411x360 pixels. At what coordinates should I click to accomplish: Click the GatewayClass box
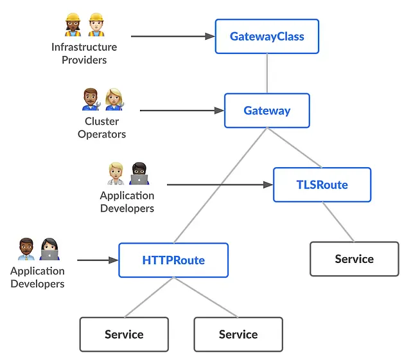pyautogui.click(x=267, y=36)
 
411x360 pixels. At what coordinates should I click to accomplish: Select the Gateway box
pyautogui.click(x=267, y=111)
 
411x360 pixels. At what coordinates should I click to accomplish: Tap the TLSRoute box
pyautogui.click(x=322, y=184)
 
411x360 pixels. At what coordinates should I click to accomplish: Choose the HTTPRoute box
pyautogui.click(x=173, y=260)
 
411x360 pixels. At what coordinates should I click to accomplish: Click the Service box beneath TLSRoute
pyautogui.click(x=354, y=259)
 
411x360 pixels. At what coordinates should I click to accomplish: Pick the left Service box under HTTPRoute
pyautogui.click(x=124, y=334)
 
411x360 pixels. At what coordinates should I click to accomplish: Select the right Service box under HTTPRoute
pyautogui.click(x=238, y=334)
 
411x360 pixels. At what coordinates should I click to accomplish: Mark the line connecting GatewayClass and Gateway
pyautogui.click(x=267, y=73)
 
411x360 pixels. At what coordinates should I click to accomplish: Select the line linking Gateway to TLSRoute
pyautogui.click(x=294, y=148)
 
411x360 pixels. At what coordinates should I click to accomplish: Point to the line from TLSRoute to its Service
pyautogui.click(x=338, y=222)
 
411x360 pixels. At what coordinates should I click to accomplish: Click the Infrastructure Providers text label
pyautogui.click(x=84, y=53)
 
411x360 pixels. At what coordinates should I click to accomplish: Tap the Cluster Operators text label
pyautogui.click(x=101, y=127)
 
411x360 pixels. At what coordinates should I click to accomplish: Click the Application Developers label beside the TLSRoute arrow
pyautogui.click(x=127, y=202)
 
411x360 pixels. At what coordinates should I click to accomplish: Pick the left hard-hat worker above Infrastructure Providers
pyautogui.click(x=73, y=24)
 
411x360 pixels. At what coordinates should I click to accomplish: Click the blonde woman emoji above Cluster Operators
pyautogui.click(x=114, y=99)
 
